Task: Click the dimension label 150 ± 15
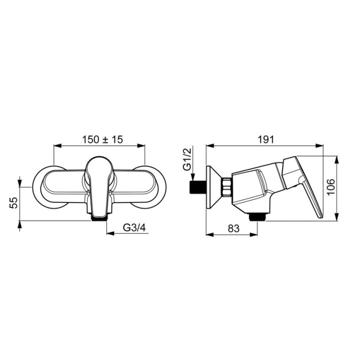[102, 139]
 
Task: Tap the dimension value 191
[265, 139]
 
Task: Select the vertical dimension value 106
[331, 186]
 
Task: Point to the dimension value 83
[233, 228]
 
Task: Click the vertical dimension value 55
[14, 202]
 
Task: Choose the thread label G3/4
[134, 228]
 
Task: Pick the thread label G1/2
[187, 159]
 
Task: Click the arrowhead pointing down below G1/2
[193, 177]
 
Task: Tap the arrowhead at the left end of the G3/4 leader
[110, 233]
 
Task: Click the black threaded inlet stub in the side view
[197, 187]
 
